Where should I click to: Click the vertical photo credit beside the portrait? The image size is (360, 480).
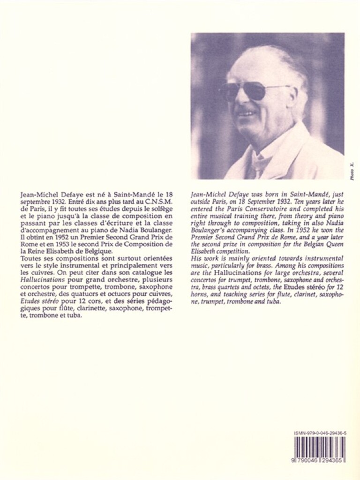click(x=352, y=171)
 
